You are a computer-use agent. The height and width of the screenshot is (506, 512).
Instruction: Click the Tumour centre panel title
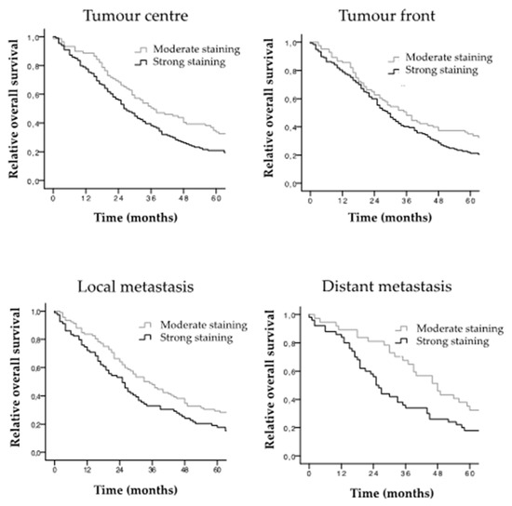tap(136, 16)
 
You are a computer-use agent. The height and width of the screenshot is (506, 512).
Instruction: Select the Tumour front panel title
tap(387, 16)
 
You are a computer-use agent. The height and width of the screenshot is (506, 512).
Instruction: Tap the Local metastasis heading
tap(136, 286)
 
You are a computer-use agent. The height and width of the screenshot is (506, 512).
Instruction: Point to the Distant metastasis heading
tap(387, 286)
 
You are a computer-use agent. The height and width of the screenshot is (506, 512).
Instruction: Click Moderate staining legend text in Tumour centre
tap(196, 49)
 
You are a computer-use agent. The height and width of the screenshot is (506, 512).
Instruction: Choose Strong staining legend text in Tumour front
tap(441, 70)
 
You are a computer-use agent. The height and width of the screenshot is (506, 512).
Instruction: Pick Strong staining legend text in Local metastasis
tap(196, 338)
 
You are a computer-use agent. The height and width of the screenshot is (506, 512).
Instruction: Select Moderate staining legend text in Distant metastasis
tap(460, 328)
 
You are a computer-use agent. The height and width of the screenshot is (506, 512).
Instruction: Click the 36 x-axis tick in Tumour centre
tap(151, 198)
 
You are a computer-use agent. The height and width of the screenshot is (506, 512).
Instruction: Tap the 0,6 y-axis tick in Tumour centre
tap(34, 95)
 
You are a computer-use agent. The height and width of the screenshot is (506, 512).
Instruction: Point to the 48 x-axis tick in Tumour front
tap(438, 200)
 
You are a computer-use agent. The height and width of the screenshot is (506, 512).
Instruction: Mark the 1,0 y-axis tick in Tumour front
tap(290, 43)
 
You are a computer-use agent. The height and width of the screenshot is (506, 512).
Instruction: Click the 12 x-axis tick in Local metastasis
tap(87, 470)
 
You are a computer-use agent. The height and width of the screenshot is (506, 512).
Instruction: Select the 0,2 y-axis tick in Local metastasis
tap(36, 424)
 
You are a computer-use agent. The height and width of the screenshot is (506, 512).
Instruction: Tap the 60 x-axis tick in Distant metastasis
tap(469, 473)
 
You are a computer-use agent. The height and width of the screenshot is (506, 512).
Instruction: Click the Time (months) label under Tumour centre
tap(136, 218)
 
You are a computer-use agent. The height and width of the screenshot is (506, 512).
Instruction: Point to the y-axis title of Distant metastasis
tap(270, 379)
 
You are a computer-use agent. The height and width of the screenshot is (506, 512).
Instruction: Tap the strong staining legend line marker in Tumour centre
tap(141, 63)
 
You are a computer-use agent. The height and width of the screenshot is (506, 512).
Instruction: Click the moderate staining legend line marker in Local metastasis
tap(145, 326)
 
